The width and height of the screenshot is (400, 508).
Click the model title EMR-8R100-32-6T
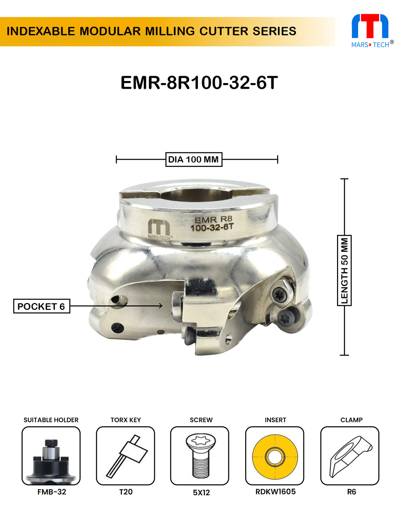click(199, 83)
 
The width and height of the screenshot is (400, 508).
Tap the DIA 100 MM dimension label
click(193, 160)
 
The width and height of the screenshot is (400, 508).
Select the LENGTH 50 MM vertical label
click(344, 270)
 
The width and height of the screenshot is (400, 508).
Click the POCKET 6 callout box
click(42, 306)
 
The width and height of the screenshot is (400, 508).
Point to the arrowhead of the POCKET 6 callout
click(161, 306)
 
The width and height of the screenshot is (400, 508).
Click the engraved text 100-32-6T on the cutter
click(212, 227)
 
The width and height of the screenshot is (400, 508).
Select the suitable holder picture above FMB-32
click(51, 456)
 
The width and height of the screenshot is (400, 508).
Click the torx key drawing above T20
click(126, 456)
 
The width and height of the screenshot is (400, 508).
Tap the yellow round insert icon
click(275, 456)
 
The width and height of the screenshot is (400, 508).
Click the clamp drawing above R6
click(350, 456)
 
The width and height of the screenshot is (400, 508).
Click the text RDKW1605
click(275, 492)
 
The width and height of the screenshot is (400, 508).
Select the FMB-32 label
click(52, 492)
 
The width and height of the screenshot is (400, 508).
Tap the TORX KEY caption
click(126, 420)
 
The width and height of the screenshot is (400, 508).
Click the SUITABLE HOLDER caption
click(51, 420)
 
